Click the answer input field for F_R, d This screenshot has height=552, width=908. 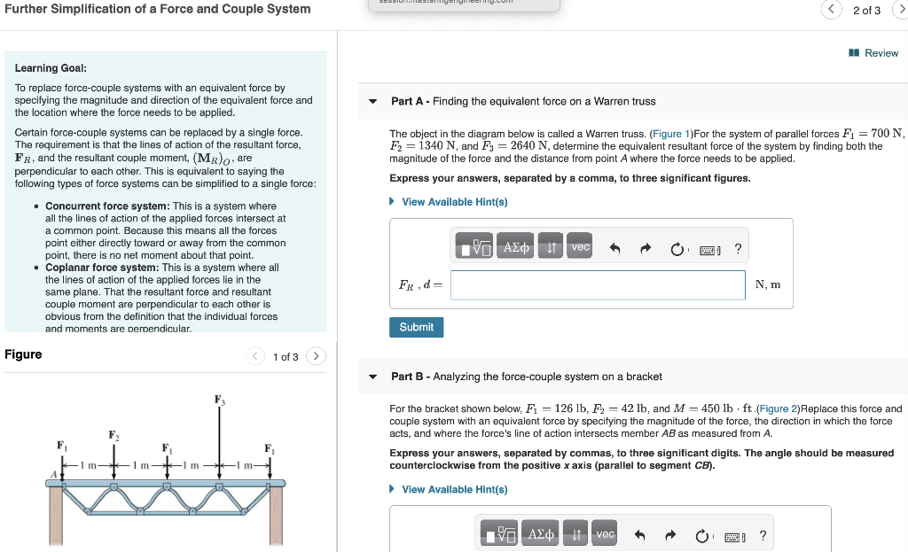[x=598, y=285]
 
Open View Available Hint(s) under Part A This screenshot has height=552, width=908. [x=454, y=202]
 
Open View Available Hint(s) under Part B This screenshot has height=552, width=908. [x=454, y=489]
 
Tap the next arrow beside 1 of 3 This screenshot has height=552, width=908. [x=317, y=356]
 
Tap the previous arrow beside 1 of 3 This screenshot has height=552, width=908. [x=255, y=356]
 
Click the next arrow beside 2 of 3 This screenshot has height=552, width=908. [x=901, y=10]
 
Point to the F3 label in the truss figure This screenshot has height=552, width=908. [x=219, y=400]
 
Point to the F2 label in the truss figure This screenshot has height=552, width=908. [x=113, y=434]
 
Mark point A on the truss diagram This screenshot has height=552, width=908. [x=52, y=475]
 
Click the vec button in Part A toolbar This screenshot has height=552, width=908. [x=580, y=248]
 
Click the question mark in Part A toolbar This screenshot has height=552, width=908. [x=738, y=249]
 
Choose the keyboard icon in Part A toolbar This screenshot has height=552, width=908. [x=710, y=250]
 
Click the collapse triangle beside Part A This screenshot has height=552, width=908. [x=373, y=101]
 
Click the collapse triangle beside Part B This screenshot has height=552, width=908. [x=373, y=377]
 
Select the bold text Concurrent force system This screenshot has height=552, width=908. [x=107, y=206]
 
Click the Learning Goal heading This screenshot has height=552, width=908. [x=51, y=68]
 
